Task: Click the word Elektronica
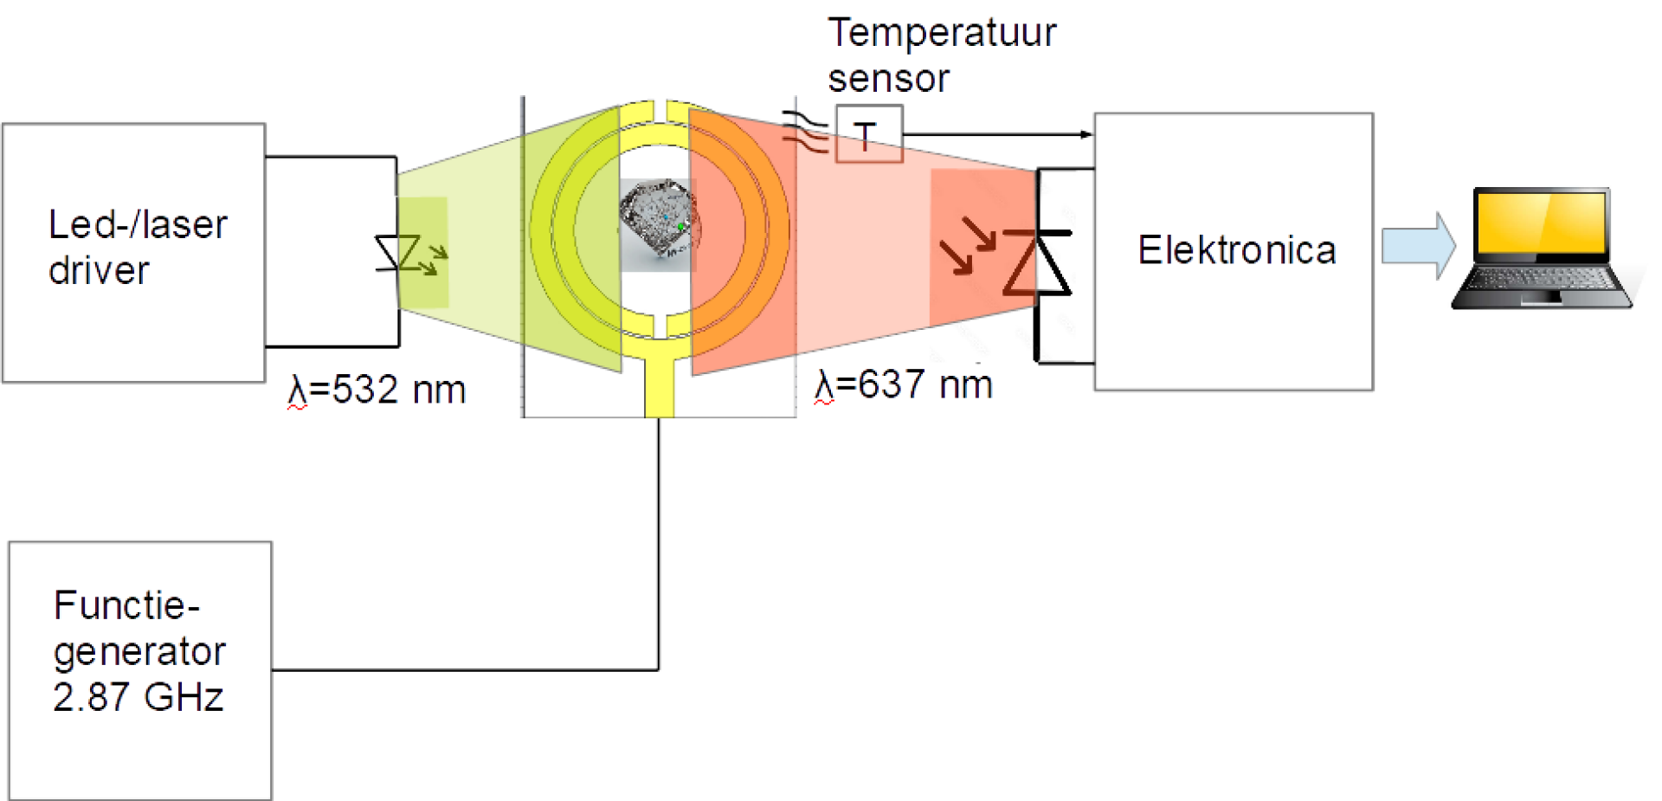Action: (x=1237, y=250)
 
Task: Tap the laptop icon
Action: (x=1542, y=248)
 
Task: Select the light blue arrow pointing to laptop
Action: (x=1419, y=246)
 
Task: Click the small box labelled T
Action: (x=869, y=134)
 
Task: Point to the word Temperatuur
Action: (x=942, y=33)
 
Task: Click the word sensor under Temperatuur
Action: (x=888, y=79)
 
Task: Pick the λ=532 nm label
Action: (x=377, y=389)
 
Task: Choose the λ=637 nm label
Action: (x=903, y=384)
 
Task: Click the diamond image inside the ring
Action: (x=659, y=222)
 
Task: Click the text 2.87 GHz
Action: (x=138, y=697)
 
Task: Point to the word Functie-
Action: (x=126, y=605)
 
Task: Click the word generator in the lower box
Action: (x=139, y=652)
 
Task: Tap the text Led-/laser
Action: (x=138, y=225)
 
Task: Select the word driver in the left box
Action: (x=99, y=270)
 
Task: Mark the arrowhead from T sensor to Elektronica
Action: (x=1087, y=134)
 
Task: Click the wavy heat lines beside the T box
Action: (x=806, y=132)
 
